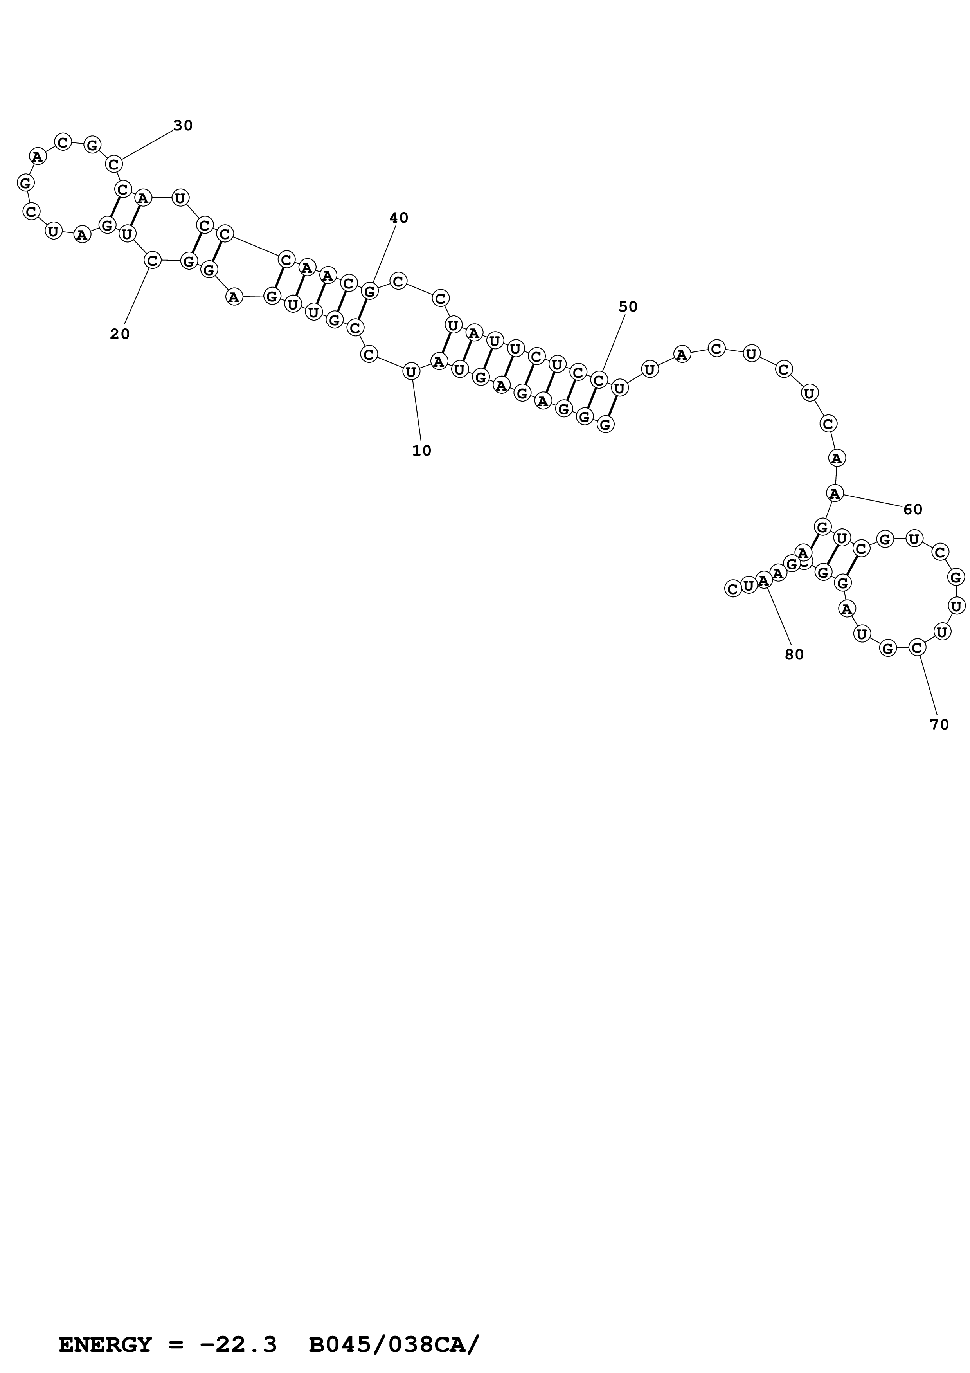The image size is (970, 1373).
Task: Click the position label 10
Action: coord(421,451)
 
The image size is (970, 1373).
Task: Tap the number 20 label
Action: coord(119,334)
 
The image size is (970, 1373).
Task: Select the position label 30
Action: coord(183,126)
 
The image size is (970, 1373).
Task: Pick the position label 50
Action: coord(628,307)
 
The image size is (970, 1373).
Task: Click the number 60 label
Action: coord(912,510)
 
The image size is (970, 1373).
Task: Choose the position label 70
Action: coord(939,725)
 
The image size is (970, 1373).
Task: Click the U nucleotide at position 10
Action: coord(411,372)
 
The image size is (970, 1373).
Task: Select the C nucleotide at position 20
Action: coord(153,261)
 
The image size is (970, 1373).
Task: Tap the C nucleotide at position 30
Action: coord(114,164)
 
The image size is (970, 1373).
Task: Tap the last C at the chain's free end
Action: coord(733,588)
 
